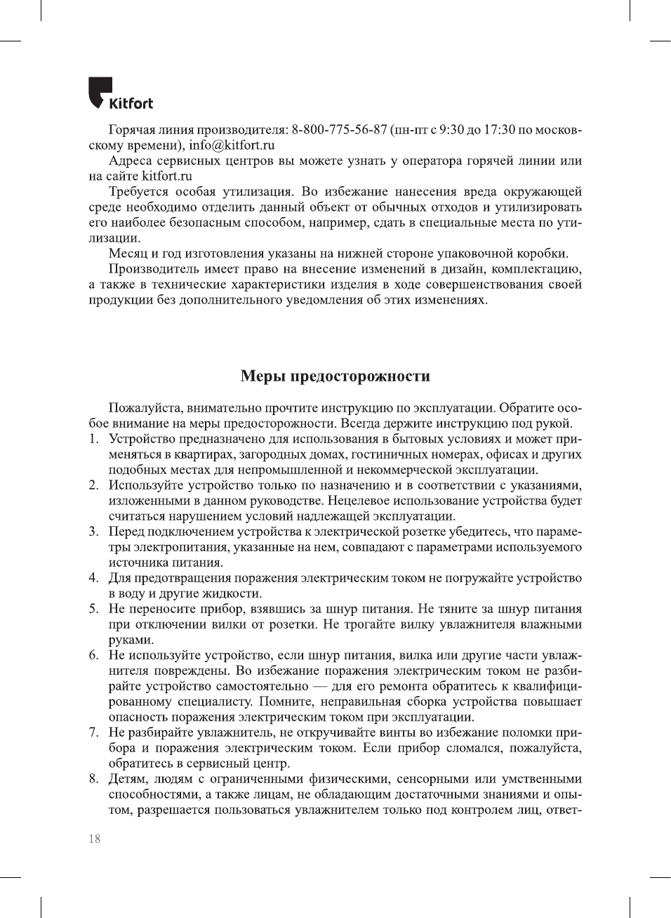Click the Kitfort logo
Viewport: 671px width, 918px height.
click(x=120, y=94)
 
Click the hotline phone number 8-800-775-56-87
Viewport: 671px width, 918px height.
click(x=339, y=130)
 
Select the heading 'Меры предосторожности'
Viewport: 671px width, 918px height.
click(x=335, y=376)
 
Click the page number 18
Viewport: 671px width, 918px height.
click(x=95, y=839)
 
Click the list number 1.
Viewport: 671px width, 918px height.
click(x=93, y=439)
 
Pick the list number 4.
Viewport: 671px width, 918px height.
click(x=93, y=578)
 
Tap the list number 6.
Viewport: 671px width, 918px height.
click(x=93, y=655)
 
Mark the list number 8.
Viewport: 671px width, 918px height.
click(x=93, y=779)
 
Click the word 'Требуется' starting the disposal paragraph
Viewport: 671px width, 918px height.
click(x=138, y=192)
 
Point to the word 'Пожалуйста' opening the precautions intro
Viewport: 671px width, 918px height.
click(x=145, y=408)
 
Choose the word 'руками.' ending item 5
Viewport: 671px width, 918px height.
click(x=131, y=640)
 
